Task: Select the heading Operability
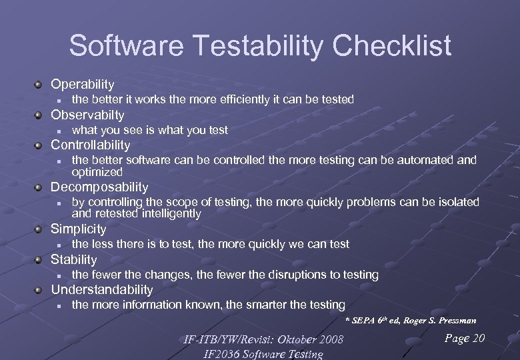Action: click(x=83, y=85)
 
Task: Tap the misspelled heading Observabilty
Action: click(x=87, y=115)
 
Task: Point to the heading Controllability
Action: click(x=91, y=145)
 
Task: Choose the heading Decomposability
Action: click(x=99, y=187)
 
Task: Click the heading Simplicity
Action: click(x=79, y=229)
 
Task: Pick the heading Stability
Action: click(x=74, y=259)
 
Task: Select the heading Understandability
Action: click(x=102, y=289)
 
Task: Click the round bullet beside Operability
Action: click(x=39, y=85)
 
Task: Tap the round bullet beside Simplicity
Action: click(x=39, y=229)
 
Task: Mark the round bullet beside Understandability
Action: click(x=39, y=289)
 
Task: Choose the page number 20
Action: click(x=478, y=339)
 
